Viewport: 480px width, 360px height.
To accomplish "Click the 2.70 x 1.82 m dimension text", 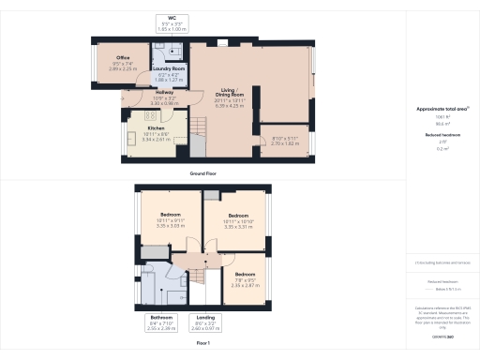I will click(x=286, y=143).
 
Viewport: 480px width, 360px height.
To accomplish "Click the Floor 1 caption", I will click(x=203, y=344).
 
